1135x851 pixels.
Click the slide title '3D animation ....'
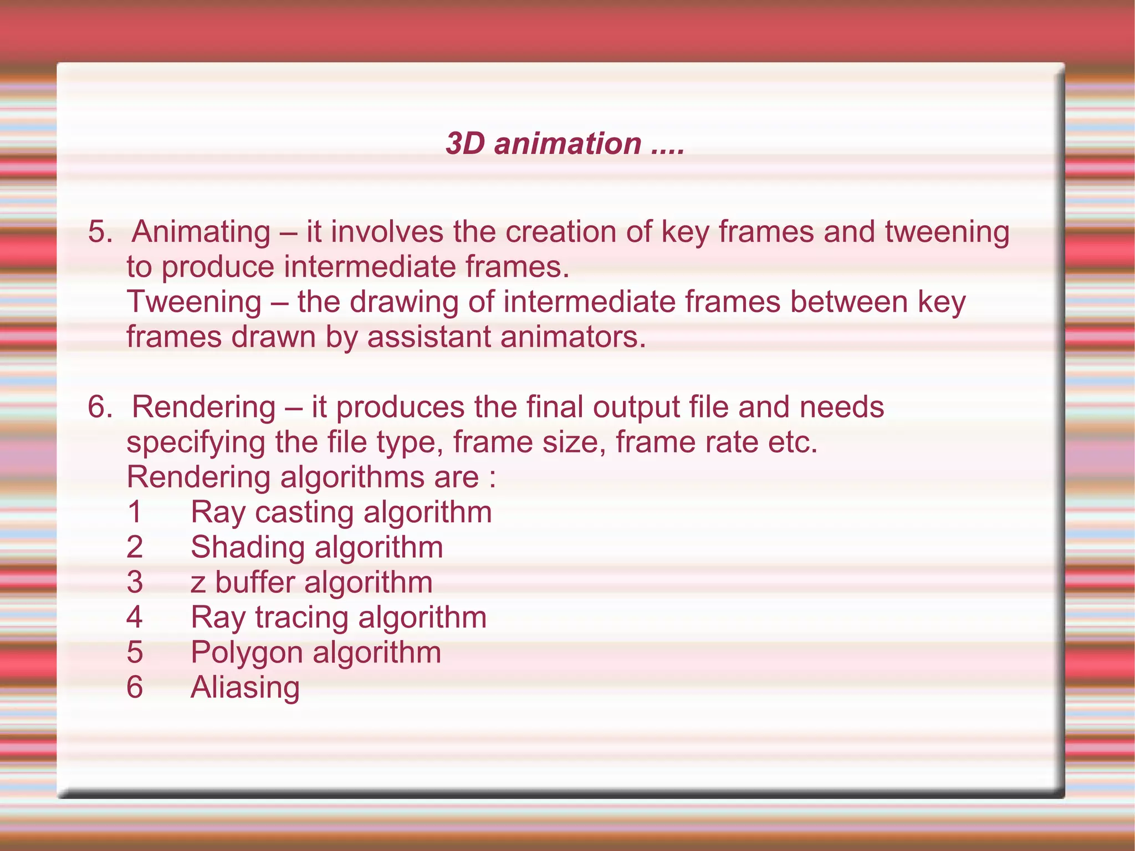click(x=565, y=144)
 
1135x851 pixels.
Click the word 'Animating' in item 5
click(x=201, y=232)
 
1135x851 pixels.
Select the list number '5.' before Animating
click(x=100, y=232)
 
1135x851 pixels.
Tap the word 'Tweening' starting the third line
click(x=194, y=302)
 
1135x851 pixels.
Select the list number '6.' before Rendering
click(x=100, y=407)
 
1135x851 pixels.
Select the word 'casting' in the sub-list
click(x=304, y=513)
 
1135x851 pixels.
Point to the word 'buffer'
click(x=255, y=583)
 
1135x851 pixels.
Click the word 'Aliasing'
click(x=245, y=688)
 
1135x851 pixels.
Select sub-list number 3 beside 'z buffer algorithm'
click(x=135, y=583)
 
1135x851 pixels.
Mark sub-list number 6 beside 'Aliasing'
click(x=135, y=687)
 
